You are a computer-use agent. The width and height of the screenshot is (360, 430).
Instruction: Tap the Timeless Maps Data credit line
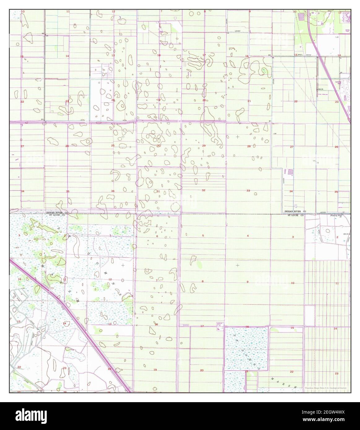pos(325,388)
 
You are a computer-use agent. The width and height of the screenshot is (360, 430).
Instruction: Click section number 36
pos(113,191)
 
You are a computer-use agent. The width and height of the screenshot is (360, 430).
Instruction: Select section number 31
pos(158,191)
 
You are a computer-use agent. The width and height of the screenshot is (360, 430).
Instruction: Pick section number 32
pos(203,190)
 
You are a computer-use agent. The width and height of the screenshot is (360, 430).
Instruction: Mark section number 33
pos(248,191)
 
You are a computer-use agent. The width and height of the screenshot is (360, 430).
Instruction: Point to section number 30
pos(158,145)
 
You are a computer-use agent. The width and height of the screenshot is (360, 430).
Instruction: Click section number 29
pos(204,146)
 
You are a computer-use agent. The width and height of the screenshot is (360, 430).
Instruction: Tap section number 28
pos(249,146)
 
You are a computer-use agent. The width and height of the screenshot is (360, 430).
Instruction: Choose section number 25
pos(113,145)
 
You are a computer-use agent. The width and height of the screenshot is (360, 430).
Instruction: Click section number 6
pos(157,236)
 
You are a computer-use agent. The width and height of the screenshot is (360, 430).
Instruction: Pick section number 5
pos(203,236)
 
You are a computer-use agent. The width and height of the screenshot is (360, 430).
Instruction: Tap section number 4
pos(248,236)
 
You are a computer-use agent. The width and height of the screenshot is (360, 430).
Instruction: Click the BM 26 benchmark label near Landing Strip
pos(321,89)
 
